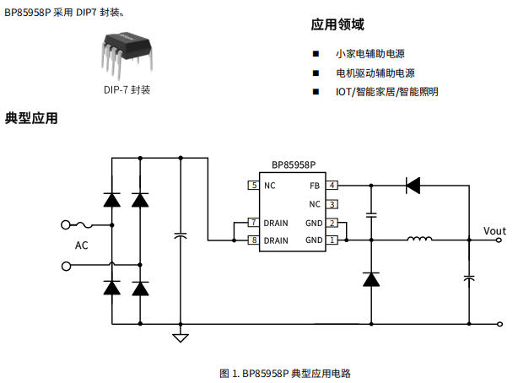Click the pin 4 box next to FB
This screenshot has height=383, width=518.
point(332,185)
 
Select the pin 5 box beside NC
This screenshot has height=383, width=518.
point(253,185)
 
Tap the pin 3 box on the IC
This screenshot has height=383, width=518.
point(332,203)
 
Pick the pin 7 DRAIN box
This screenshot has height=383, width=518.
point(253,223)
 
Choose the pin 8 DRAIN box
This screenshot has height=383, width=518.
point(253,240)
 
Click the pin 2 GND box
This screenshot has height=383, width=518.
point(332,223)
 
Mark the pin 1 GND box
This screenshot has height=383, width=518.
point(332,240)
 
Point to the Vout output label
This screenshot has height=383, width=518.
point(494,230)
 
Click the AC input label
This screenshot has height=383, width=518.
point(81,245)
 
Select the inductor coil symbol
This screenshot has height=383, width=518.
point(420,240)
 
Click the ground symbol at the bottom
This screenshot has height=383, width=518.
point(180,338)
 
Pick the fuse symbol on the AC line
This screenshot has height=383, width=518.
point(84,225)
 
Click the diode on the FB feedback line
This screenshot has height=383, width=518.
point(413,185)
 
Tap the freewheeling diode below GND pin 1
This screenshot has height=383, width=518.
point(370,279)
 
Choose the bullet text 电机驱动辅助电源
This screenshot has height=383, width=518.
point(375,73)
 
